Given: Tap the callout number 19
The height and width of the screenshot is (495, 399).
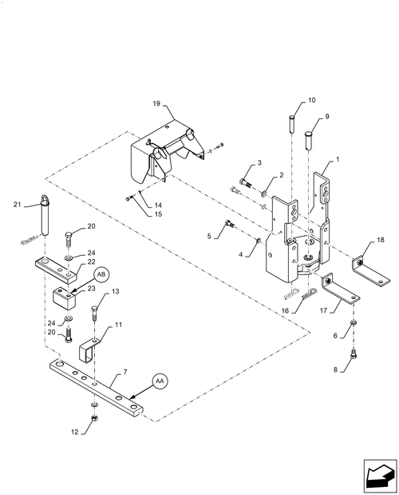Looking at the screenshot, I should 157,103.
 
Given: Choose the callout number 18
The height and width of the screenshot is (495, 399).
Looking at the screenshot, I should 381,239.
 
